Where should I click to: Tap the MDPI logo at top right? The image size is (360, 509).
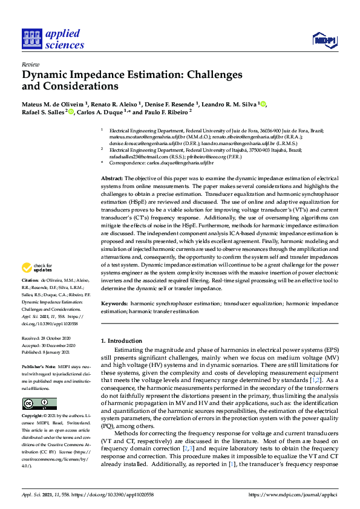click(x=324, y=41)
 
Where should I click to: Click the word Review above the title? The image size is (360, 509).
click(x=30, y=64)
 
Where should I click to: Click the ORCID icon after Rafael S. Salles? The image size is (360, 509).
click(x=71, y=112)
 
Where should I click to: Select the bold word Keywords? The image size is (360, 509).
click(x=114, y=303)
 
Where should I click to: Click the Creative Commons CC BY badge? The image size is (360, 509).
click(x=39, y=387)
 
